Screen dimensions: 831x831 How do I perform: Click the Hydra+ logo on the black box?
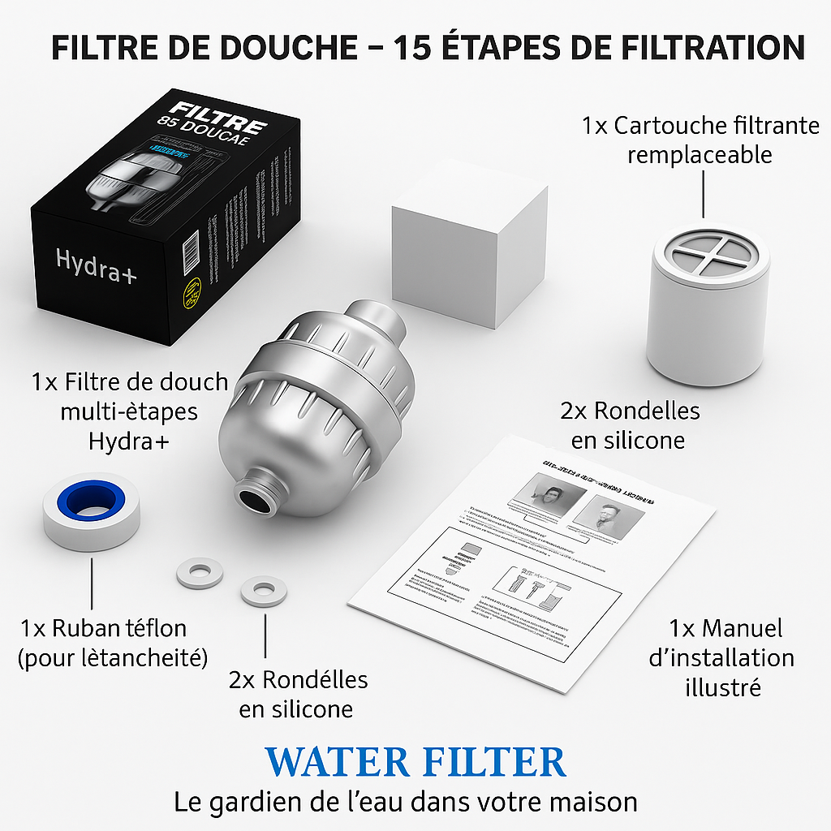click(x=96, y=264)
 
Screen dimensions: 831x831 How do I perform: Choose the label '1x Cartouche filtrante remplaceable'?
click(x=700, y=140)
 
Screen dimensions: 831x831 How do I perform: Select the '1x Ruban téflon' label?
click(x=103, y=641)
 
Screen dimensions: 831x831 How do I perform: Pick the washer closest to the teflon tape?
click(x=200, y=573)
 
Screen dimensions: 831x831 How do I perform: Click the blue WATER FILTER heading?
click(x=415, y=762)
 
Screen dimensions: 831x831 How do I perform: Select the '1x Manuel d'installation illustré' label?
click(x=721, y=657)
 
